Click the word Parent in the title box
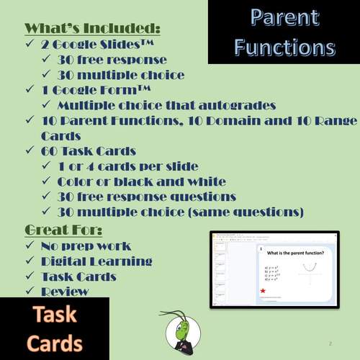tap(283, 19)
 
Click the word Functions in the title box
tap(283, 48)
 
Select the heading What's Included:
tap(92, 28)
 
